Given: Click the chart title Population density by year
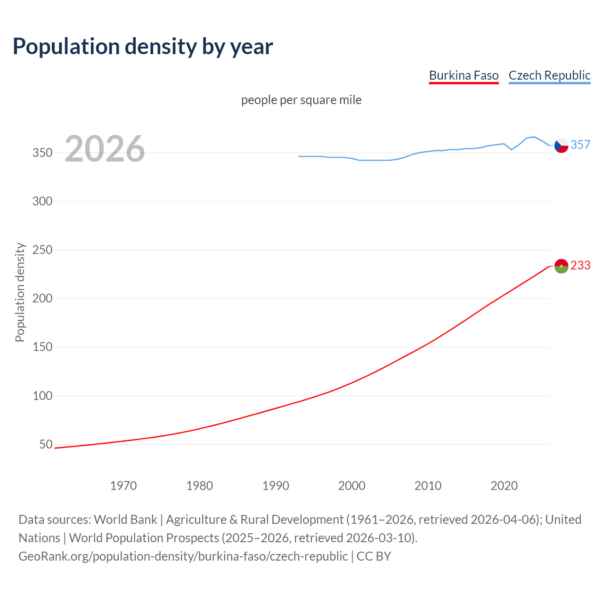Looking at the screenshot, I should coord(143,46).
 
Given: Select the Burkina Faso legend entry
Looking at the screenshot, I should coord(464,75).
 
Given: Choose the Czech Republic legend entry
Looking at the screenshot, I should coord(549,75).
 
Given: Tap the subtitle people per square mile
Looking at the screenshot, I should coord(301,100).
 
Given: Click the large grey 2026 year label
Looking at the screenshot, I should coord(105,149).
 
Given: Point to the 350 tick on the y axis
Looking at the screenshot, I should coord(42,153).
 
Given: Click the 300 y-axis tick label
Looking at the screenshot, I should coord(42,201).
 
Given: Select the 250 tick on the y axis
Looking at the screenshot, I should coord(42,250).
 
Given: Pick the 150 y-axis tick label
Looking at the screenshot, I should coord(42,347).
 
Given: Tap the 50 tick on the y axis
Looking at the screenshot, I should coord(46,444).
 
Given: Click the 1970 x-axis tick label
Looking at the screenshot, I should coord(123,486).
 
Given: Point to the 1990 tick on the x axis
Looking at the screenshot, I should coord(276,486).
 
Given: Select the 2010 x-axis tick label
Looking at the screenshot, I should coord(428,486).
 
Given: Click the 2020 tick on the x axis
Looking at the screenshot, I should coord(504,486).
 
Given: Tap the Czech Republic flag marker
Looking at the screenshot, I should coord(561,146).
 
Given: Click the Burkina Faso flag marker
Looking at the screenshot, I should coord(561,266).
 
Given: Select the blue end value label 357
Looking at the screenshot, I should coord(580,145).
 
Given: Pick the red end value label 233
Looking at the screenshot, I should coord(580,265).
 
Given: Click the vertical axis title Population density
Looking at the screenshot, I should coord(20,292).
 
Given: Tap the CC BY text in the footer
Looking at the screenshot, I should coord(374,556).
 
